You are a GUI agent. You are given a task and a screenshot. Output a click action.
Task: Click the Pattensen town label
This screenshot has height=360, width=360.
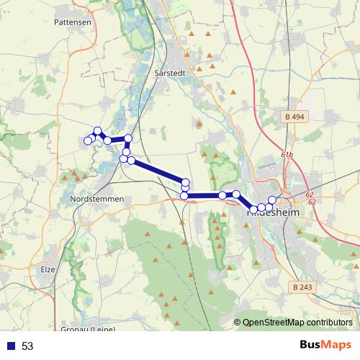[x=72, y=23]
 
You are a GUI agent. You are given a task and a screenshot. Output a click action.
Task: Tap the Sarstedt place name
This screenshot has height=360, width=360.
[x=171, y=73]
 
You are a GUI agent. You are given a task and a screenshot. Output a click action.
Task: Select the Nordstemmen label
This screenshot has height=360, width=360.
[x=98, y=199]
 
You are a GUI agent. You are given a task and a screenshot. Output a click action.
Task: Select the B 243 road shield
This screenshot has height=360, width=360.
[x=304, y=287]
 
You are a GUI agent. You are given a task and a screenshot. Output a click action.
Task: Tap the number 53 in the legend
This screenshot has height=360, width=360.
[x=27, y=346]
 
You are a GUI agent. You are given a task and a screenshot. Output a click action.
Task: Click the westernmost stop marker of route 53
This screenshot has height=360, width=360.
[x=88, y=140]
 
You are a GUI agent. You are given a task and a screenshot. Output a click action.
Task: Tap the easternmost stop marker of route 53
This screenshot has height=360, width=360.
[x=271, y=200]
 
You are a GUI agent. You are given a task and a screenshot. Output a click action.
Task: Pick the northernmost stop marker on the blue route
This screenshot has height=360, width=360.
[x=98, y=131]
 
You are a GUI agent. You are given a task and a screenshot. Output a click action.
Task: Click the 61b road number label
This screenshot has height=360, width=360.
[x=287, y=155]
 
